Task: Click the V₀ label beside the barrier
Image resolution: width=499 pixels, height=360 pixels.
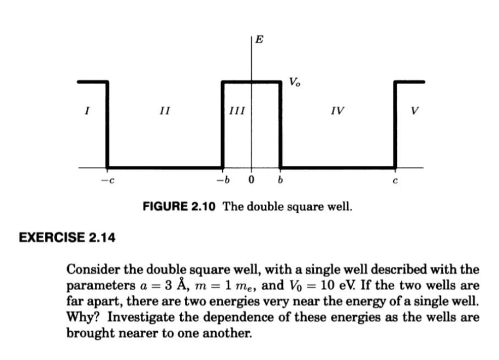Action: (x=294, y=83)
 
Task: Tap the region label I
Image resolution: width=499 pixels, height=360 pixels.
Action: (x=86, y=111)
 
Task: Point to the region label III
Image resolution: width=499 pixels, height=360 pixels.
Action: (x=236, y=111)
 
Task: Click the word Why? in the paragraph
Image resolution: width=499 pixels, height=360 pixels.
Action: (x=80, y=317)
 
